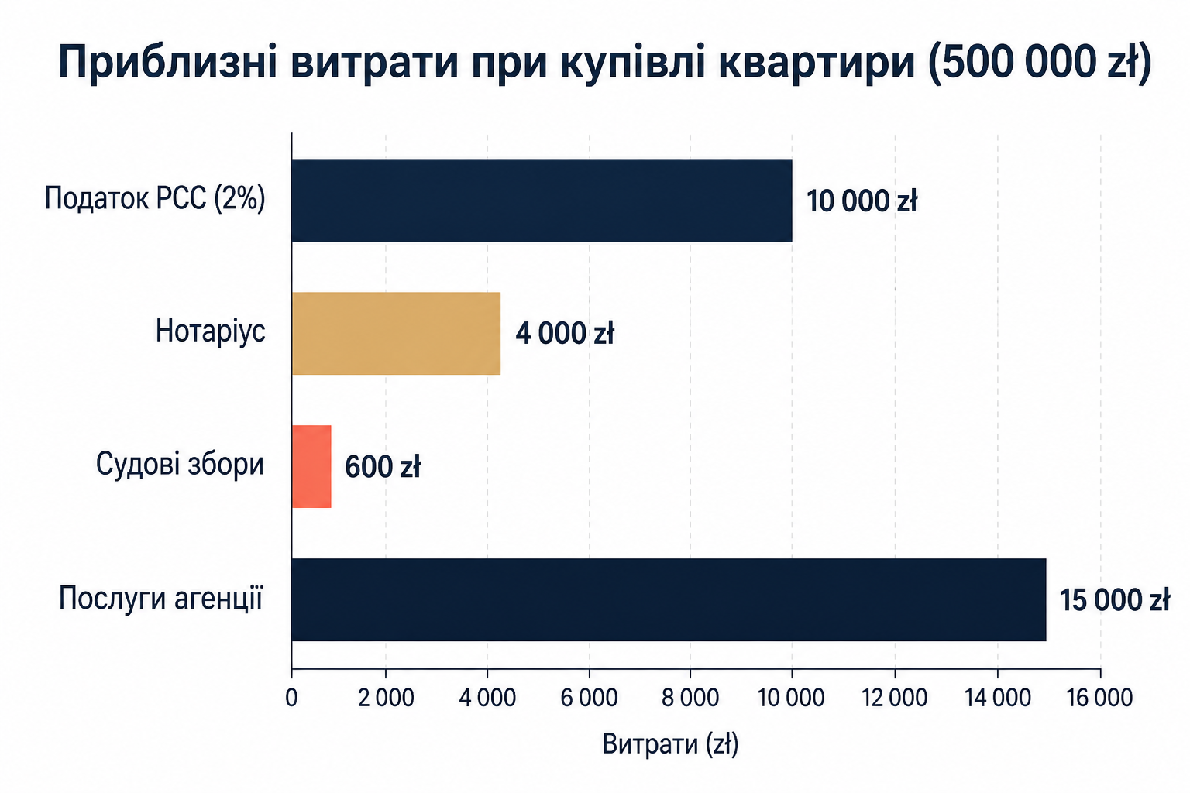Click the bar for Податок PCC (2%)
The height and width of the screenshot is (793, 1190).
542,201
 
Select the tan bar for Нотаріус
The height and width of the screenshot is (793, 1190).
396,334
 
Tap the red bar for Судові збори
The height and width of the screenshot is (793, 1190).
311,466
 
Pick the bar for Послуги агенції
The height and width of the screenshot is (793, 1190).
669,599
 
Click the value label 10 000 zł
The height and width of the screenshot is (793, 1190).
862,201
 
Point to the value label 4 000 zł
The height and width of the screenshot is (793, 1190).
565,334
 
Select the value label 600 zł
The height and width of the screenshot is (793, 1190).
383,467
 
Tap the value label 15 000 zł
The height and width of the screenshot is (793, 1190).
1115,600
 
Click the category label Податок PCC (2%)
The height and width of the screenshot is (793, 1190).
155,200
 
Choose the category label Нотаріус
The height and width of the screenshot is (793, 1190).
211,331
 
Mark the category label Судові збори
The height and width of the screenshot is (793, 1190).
180,465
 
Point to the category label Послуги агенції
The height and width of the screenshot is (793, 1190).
161,598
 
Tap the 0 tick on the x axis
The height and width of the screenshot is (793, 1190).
291,698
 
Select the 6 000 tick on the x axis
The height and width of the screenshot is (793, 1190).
589,698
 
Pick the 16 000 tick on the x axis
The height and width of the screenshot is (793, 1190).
1099,698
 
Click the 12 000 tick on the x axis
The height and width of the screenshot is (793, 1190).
895,698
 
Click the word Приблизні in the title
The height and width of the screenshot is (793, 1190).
167,62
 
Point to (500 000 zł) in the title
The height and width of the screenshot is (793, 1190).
1040,64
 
